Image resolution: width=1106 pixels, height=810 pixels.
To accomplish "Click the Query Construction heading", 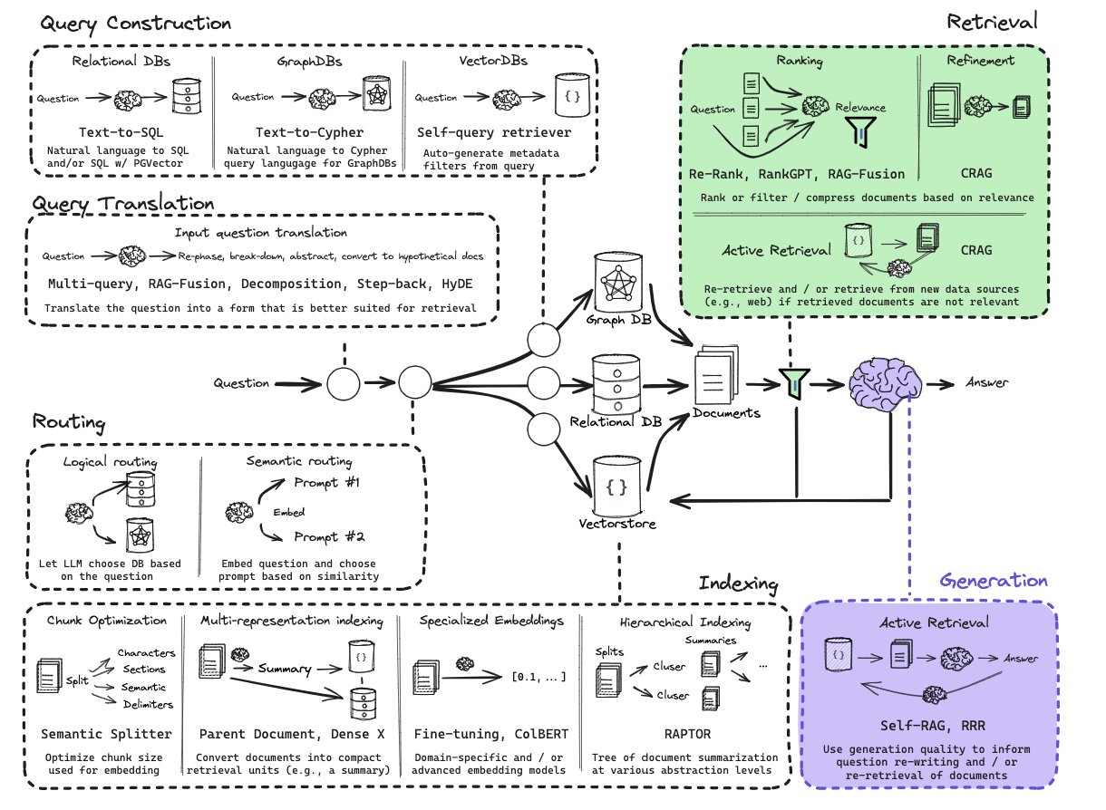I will click(131, 23).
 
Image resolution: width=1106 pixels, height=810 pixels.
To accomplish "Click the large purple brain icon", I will click(884, 382).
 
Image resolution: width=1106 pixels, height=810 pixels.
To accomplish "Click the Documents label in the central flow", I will click(726, 413).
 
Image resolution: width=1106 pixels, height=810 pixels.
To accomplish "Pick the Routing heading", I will click(69, 421).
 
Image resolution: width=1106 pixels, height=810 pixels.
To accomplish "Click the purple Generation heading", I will click(994, 581).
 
